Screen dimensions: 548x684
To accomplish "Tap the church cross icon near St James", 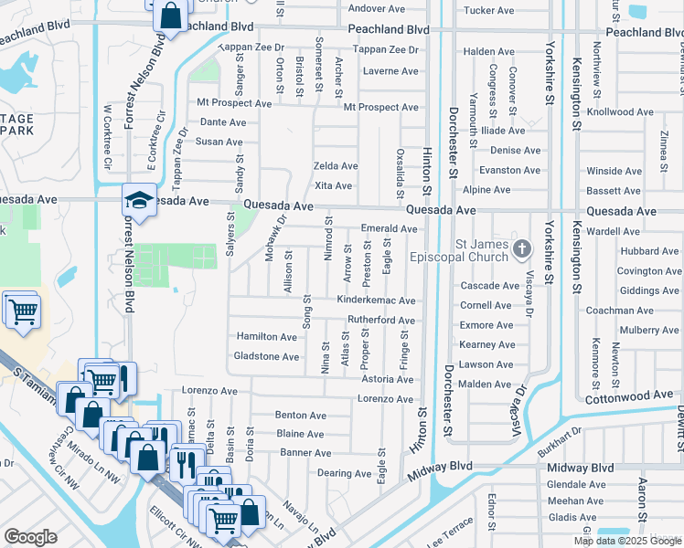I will point(522,248).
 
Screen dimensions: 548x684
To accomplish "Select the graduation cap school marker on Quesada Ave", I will point(139,201).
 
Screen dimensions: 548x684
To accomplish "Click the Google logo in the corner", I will point(30,536).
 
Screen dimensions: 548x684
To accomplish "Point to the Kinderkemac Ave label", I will point(377,300).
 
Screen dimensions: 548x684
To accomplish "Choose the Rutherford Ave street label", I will point(381,321).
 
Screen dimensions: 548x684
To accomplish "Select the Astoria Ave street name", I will point(388,379).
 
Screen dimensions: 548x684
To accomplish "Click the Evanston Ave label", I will point(509,171).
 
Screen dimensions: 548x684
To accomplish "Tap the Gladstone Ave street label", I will point(266,356).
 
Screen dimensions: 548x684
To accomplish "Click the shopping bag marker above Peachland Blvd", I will point(170,16).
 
